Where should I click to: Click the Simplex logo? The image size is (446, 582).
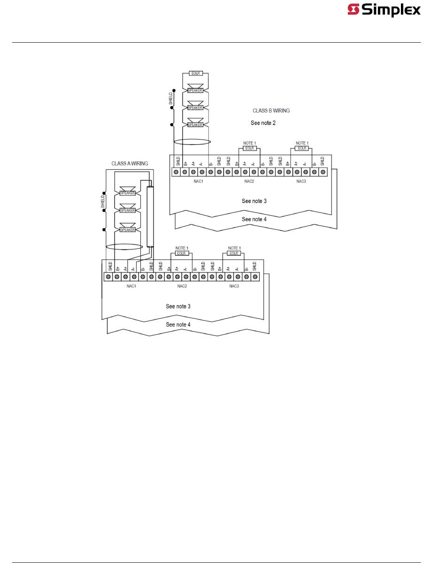(384, 10)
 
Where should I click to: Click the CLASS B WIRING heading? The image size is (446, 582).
(271, 111)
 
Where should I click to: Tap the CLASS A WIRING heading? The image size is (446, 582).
(130, 164)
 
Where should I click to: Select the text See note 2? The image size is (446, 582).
(263, 123)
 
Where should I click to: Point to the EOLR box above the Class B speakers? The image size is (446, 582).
(195, 74)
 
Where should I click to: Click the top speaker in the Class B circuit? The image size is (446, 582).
(195, 90)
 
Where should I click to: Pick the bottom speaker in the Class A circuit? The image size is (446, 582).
(128, 230)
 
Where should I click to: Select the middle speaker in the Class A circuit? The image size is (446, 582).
(128, 211)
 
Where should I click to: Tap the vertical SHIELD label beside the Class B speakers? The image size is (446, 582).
(171, 98)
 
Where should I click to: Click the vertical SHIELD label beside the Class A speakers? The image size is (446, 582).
(103, 201)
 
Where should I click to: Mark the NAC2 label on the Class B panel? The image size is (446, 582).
(249, 181)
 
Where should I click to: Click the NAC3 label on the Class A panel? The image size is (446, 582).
(234, 286)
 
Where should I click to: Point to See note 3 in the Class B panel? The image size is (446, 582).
(254, 201)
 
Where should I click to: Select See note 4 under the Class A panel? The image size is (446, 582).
(178, 325)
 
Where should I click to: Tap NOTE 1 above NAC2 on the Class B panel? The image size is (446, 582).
(249, 143)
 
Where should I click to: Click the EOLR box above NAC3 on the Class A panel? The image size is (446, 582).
(234, 253)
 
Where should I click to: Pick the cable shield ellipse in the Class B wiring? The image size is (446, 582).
(192, 142)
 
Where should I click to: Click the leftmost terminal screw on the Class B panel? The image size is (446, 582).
(176, 173)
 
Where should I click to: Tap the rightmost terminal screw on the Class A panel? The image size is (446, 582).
(255, 277)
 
